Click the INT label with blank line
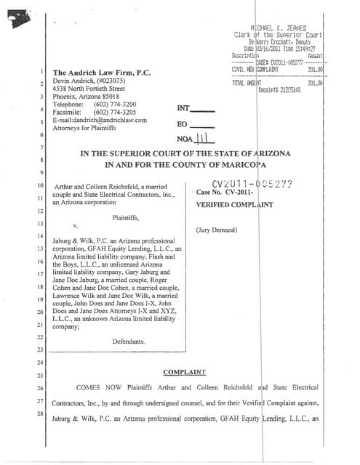(196, 108)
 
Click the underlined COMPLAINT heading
(184, 371)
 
